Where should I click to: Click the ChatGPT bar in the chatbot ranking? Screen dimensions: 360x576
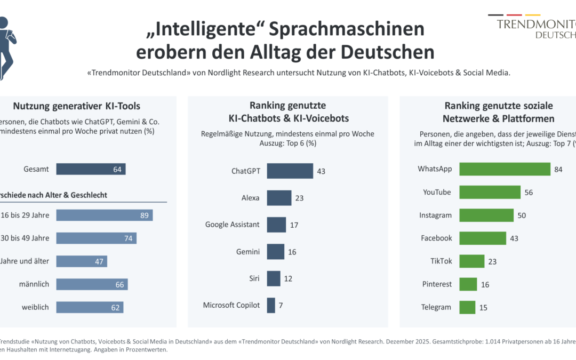[290, 171]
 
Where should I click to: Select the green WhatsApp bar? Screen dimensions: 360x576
[505, 169]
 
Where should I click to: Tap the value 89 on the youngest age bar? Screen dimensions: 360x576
[144, 215]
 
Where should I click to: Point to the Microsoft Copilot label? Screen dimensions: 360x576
[231, 305]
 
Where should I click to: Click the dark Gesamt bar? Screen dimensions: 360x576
[91, 169]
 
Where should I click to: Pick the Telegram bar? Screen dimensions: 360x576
[467, 307]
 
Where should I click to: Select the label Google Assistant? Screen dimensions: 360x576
[233, 225]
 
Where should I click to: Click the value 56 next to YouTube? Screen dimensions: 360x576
[529, 193]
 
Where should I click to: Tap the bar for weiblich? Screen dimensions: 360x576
[90, 307]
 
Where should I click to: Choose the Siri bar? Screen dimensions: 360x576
[274, 278]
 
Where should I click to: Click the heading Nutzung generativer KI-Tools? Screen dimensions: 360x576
[77, 106]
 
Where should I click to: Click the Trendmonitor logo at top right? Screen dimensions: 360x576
[536, 27]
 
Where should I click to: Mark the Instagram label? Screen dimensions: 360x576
[435, 215]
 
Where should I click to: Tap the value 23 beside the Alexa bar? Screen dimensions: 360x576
[299, 198]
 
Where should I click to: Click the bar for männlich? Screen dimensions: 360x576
[92, 284]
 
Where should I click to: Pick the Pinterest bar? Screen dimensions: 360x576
[468, 284]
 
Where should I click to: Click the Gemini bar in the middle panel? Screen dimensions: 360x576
[276, 252]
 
